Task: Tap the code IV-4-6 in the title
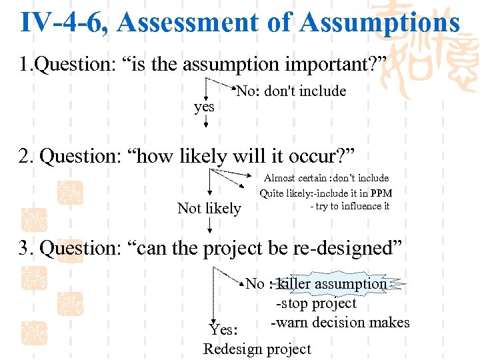(x=63, y=22)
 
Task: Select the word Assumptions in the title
(x=379, y=22)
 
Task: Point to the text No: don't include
(x=291, y=91)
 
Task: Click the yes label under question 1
(x=204, y=107)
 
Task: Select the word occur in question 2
(x=313, y=157)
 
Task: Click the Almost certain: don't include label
(x=326, y=178)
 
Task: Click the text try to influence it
(x=350, y=206)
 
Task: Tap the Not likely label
(x=209, y=209)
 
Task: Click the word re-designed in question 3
(x=343, y=248)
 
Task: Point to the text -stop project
(x=317, y=303)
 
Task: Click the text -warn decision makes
(x=340, y=323)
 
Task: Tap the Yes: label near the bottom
(x=223, y=329)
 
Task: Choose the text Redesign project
(x=257, y=349)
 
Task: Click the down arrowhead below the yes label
(x=205, y=124)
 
